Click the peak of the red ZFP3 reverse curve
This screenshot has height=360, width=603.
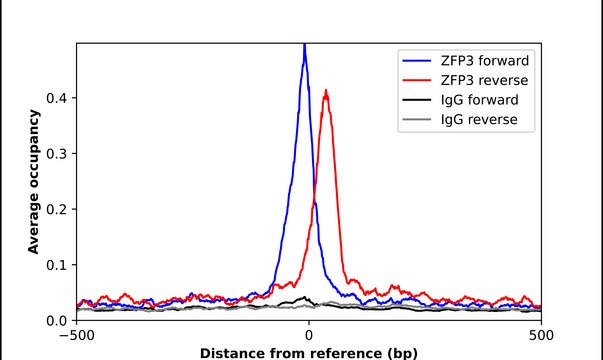tap(326, 91)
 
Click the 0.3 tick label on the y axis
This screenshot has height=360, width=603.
tap(58, 153)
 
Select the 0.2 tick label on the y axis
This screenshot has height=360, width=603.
tap(58, 209)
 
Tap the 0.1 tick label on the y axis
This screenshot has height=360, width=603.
tap(58, 265)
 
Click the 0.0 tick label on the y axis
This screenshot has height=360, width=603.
tap(58, 320)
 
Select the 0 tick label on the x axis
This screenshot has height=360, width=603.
tap(309, 336)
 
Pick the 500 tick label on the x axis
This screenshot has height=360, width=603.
tap(541, 336)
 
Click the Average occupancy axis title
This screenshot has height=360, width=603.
tap(34, 182)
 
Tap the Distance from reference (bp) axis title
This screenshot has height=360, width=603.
tap(309, 352)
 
